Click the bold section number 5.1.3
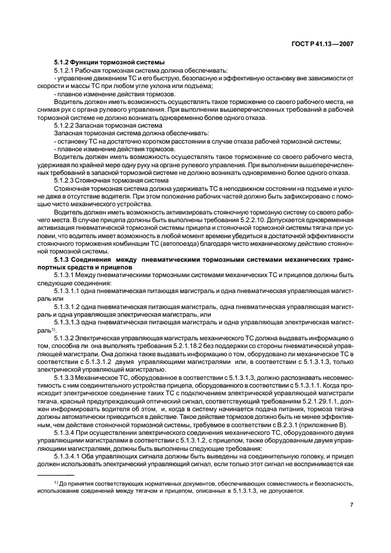(63, 258)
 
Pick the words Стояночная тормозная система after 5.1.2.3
(120, 180)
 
